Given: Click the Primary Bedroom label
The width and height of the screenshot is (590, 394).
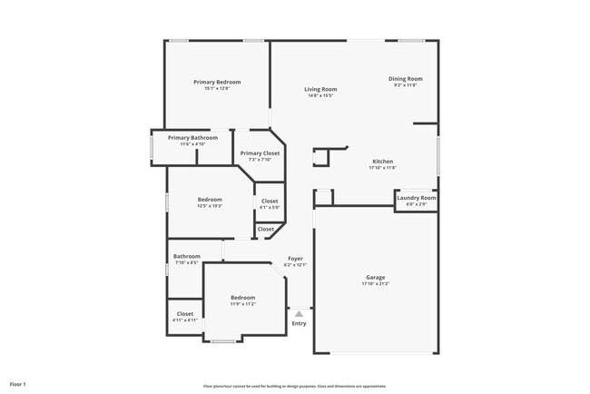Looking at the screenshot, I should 217,82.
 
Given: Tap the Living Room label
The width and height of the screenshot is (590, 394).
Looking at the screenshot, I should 320,89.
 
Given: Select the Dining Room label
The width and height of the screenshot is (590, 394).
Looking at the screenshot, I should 406,79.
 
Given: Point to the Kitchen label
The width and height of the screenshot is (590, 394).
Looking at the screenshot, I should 382,162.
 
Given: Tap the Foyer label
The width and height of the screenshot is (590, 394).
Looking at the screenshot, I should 296,259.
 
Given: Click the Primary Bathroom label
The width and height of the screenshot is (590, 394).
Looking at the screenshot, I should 192,137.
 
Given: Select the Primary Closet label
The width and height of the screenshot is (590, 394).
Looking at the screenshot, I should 260,153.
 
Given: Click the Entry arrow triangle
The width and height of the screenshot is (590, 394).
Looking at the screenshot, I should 299,313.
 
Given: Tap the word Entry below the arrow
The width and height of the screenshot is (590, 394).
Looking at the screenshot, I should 299,323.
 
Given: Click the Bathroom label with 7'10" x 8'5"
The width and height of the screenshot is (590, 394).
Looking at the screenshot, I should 186,256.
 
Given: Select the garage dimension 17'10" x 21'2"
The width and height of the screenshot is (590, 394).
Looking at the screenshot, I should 376,284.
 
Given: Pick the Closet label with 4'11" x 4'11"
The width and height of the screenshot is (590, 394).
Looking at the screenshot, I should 185,313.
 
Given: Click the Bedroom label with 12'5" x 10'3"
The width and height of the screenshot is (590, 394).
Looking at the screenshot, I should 210,199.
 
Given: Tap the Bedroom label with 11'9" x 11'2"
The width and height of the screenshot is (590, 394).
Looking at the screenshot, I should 242,297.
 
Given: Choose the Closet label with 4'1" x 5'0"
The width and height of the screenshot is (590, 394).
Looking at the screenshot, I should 270,201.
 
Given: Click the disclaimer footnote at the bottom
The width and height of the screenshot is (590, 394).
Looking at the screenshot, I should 294,386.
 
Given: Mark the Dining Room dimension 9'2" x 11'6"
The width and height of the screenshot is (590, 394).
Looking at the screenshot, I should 406,85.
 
